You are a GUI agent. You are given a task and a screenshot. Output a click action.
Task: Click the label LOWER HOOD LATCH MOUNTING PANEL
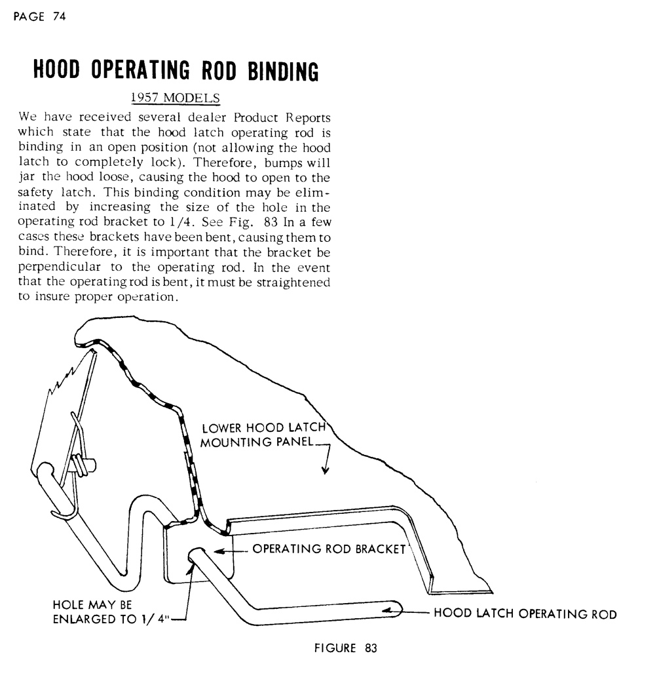(x=262, y=435)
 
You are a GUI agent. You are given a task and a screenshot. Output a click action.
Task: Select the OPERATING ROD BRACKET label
(x=329, y=549)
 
